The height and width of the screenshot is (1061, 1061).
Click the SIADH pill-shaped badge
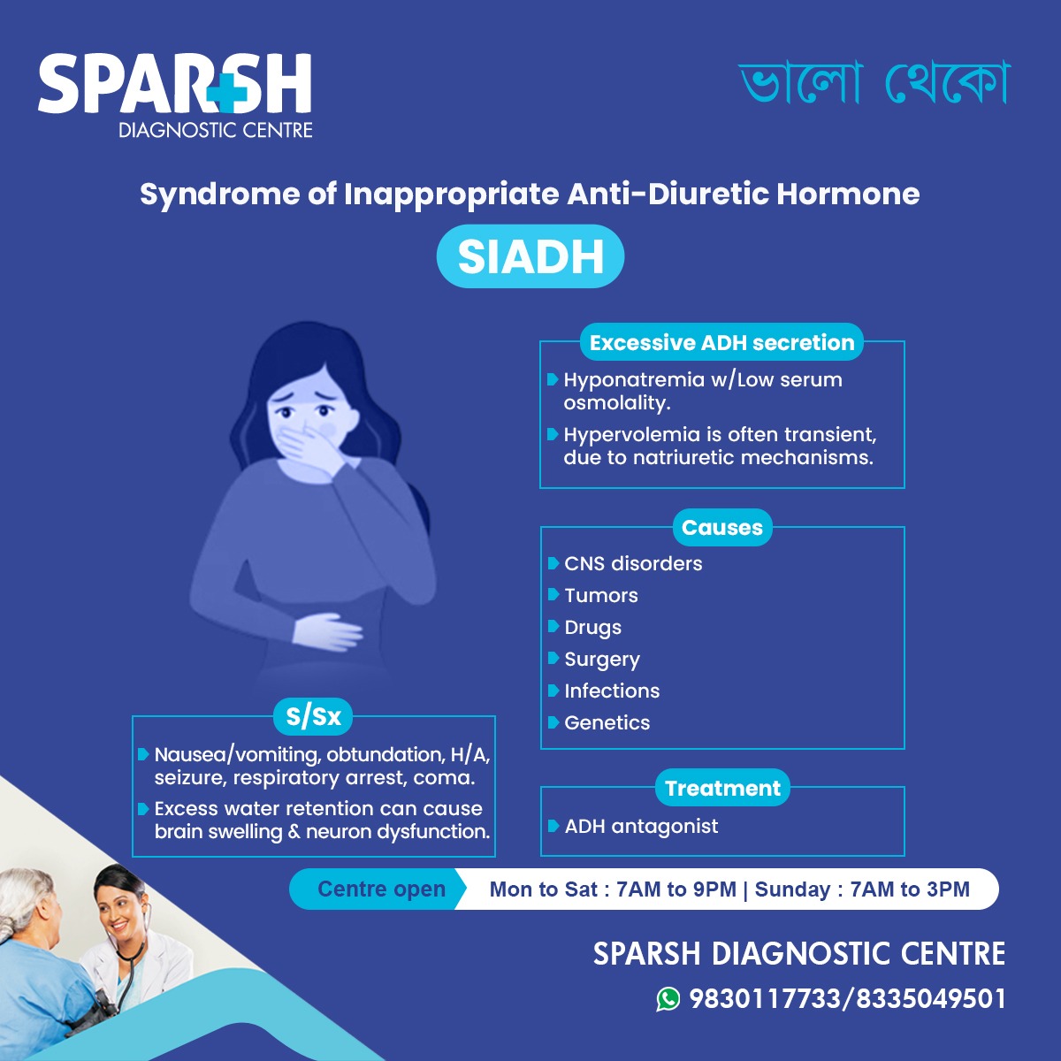530,257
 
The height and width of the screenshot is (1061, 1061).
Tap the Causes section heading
721,527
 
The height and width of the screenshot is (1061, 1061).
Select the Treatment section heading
722,788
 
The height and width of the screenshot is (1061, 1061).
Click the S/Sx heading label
313,716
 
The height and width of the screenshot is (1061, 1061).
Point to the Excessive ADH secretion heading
721,342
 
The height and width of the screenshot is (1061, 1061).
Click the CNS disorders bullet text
633,563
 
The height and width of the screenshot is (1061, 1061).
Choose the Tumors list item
601,595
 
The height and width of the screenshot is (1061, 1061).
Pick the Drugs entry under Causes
592,627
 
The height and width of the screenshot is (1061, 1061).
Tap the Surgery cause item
602,659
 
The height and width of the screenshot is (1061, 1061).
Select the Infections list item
612,691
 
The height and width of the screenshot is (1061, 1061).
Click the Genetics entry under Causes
607,722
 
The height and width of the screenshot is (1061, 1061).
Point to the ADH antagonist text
641,826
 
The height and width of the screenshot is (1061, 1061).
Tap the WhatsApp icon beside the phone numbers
668,998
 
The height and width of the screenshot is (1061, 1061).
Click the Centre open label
381,889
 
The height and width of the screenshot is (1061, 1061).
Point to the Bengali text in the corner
874,83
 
